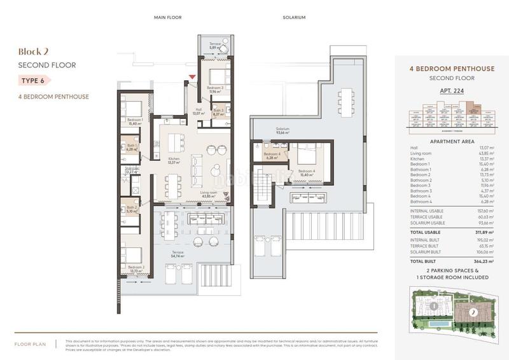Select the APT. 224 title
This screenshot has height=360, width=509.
(x=450, y=90)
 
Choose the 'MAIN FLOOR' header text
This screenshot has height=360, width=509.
(x=169, y=18)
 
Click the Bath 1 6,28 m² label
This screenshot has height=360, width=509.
(x=132, y=148)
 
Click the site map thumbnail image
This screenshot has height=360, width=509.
(x=450, y=312)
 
